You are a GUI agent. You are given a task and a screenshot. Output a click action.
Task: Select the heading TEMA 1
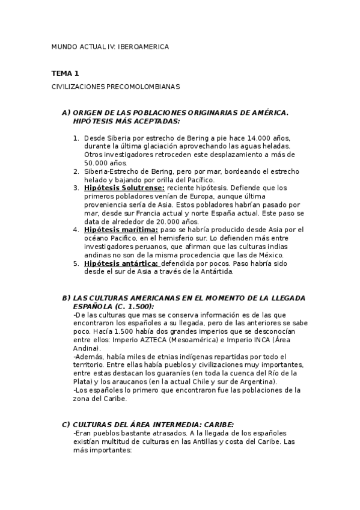point(65,73)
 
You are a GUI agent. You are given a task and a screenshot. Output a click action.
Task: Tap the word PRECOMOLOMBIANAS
point(143,87)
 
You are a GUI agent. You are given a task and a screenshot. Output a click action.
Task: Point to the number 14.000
point(252,137)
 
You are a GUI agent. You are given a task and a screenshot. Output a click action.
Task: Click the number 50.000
point(97,162)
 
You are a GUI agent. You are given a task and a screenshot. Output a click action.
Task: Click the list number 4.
point(76,230)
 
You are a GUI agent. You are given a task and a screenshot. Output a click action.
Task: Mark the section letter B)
point(66,298)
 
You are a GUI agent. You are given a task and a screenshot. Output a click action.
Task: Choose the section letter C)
point(66,424)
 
